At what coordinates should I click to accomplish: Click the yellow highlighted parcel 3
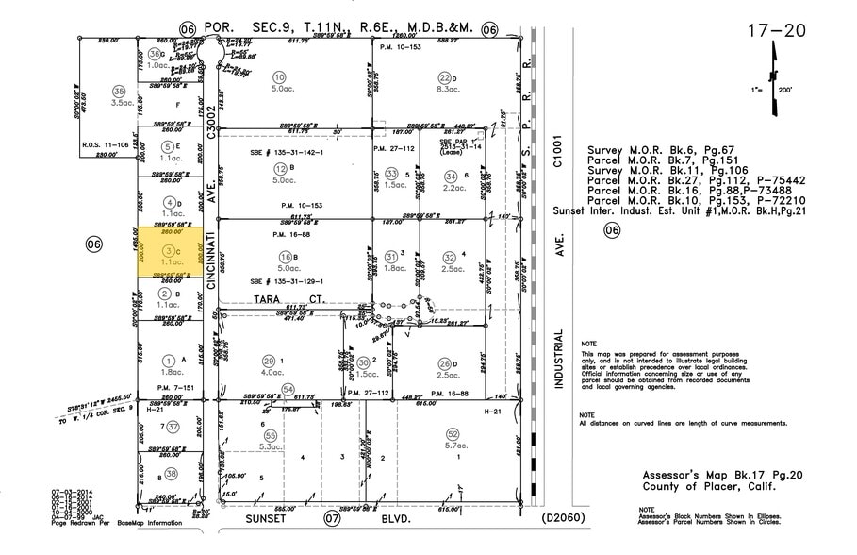tap(170, 252)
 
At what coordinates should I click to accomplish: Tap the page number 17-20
tap(777, 30)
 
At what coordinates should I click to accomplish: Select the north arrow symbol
tap(774, 90)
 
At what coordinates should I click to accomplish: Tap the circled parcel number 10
tap(278, 76)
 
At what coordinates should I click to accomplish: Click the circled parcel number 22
tap(444, 76)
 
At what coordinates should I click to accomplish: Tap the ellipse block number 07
tap(332, 519)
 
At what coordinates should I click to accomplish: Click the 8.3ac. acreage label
tap(449, 90)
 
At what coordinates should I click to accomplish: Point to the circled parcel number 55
tap(271, 435)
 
